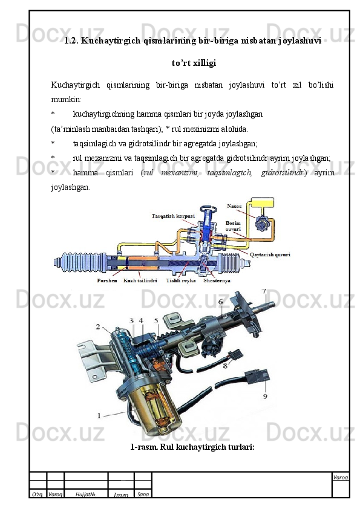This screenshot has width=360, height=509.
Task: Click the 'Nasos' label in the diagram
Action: (234, 206)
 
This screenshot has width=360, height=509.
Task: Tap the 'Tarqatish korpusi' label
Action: (173, 216)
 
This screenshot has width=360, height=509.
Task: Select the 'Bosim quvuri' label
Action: (234, 226)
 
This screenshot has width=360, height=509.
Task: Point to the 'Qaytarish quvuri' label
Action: (270, 255)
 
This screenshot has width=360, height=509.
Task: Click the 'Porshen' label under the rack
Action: (107, 280)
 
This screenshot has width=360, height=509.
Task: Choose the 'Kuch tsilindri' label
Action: (140, 280)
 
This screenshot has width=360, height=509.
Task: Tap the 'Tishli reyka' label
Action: (181, 280)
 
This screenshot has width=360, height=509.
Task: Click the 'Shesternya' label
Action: (217, 280)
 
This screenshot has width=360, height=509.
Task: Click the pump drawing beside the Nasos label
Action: (261, 224)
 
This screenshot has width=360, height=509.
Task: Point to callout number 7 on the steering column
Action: (264, 291)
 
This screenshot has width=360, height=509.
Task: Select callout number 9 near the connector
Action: (265, 397)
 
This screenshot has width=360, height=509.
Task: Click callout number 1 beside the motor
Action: (99, 415)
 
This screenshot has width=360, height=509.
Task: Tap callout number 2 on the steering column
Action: (98, 326)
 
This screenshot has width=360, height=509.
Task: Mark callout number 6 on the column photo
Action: (221, 302)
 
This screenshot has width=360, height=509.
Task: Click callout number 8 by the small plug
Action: (225, 366)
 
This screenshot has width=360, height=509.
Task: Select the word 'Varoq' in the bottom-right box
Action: (341, 478)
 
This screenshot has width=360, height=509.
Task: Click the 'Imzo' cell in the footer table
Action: (121, 494)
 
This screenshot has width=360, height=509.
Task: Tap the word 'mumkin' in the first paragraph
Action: (66, 99)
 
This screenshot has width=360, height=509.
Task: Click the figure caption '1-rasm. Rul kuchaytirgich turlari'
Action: (192, 447)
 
